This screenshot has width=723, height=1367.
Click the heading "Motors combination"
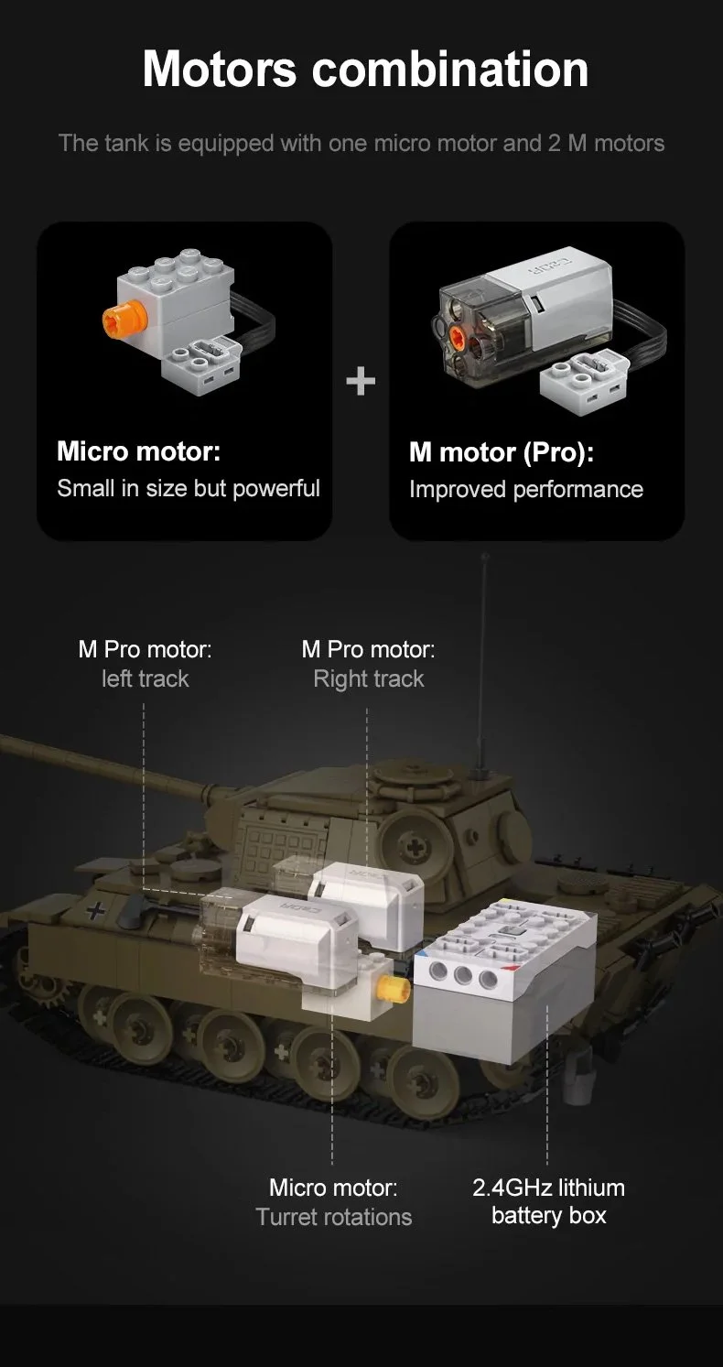[x=365, y=69]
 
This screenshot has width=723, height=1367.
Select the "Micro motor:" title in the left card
[x=139, y=451]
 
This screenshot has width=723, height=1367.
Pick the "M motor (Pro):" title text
[x=501, y=452]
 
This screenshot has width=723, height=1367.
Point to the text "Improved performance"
[x=525, y=490]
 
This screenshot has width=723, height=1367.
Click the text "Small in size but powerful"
[x=189, y=488]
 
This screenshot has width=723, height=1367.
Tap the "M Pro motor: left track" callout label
[x=145, y=664]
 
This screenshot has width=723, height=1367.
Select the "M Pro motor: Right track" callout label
[x=368, y=664]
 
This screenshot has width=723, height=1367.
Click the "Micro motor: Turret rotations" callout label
[x=333, y=1202]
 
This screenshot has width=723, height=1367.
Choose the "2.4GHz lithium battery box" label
[x=548, y=1201]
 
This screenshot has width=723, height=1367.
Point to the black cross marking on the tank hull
[x=93, y=910]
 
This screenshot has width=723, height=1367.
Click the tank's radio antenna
[x=482, y=659]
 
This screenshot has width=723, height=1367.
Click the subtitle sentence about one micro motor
[x=361, y=143]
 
